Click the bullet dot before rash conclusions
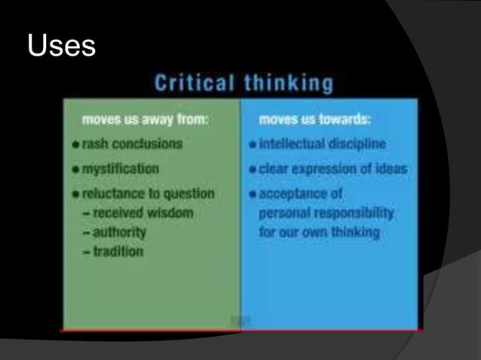pos(76,144)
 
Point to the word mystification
pos(120,169)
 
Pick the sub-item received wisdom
pos(138,213)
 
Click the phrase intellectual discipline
pos(321,144)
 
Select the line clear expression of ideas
pos(332,169)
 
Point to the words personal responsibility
pos(326,213)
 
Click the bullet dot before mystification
pos(76,169)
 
